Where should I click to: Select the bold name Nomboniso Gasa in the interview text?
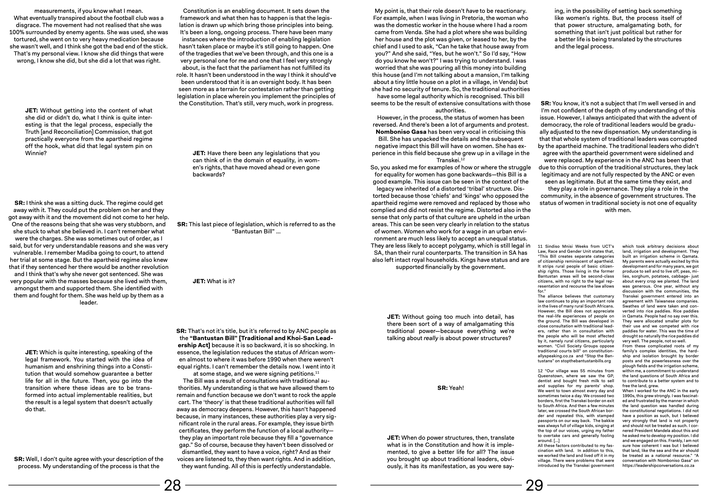(x=401, y=132)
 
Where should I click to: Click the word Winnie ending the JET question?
(x=36, y=153)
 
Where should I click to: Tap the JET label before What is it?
(x=199, y=281)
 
